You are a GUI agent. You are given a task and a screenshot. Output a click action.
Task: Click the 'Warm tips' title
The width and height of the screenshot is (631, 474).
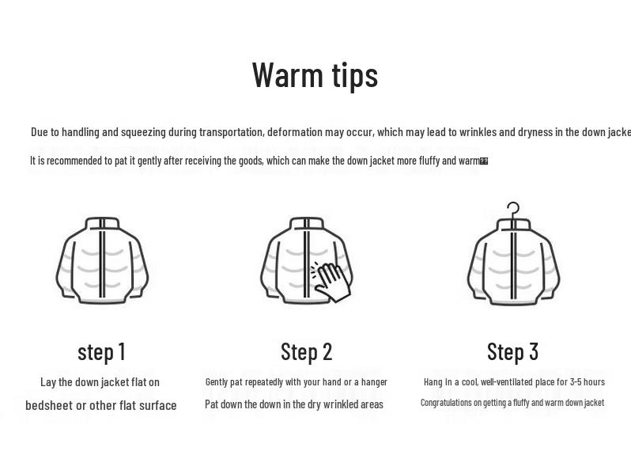(315, 75)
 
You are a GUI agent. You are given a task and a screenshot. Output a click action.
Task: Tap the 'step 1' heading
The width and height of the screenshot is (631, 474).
(101, 352)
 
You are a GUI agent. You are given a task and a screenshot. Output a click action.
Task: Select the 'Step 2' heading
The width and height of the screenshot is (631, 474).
(306, 351)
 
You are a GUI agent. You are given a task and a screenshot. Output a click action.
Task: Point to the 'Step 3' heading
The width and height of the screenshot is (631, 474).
(512, 351)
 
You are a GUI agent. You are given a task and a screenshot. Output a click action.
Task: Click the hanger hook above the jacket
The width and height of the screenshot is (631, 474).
(513, 209)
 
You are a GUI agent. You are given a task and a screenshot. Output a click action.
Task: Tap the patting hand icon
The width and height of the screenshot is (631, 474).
(333, 281)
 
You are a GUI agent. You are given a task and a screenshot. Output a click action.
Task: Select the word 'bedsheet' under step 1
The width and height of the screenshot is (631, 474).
(48, 405)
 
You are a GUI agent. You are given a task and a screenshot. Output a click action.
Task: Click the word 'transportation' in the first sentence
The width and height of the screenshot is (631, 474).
(231, 132)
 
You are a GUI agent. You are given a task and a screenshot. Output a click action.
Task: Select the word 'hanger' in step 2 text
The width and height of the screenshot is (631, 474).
(374, 382)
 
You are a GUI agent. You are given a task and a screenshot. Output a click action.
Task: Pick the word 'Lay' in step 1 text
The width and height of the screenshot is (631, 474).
(48, 382)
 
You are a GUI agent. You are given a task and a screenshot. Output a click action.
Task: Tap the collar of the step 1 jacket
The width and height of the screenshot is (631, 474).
(102, 224)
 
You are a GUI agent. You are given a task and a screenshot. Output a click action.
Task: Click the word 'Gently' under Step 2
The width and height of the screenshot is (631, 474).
(217, 382)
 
